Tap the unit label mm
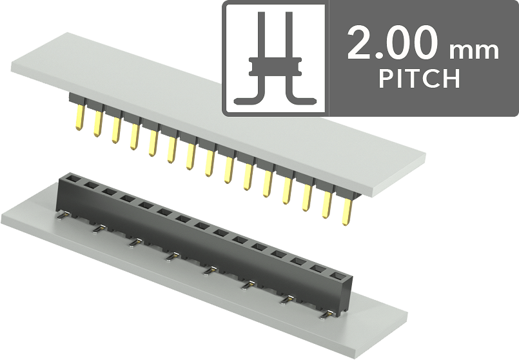point(474,51)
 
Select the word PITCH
point(419,79)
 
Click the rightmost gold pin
point(348,212)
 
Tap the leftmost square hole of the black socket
point(71,179)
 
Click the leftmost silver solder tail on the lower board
point(63,215)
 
